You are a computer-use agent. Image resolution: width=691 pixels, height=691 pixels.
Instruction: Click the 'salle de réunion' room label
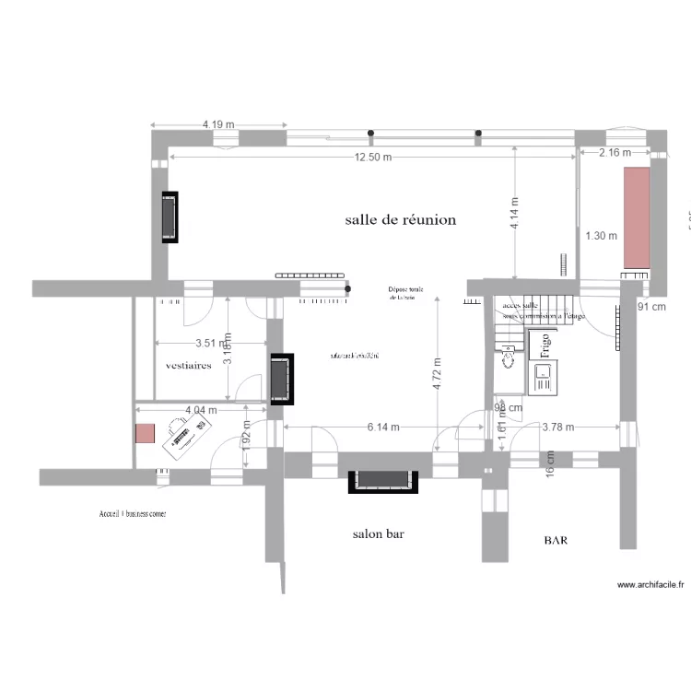click(x=401, y=220)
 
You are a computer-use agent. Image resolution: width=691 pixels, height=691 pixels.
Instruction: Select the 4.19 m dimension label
click(x=218, y=124)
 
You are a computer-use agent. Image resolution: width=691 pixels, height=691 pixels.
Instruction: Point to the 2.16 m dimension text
click(x=615, y=152)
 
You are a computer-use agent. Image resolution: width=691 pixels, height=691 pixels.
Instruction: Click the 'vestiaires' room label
click(x=188, y=365)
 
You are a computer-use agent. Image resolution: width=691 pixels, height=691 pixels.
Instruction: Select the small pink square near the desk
click(x=145, y=433)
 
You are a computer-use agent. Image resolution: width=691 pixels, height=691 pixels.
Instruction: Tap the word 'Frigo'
click(x=545, y=344)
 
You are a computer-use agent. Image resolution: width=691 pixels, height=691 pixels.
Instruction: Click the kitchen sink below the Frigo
click(x=544, y=376)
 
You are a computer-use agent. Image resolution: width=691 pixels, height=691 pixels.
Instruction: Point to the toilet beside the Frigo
click(x=507, y=352)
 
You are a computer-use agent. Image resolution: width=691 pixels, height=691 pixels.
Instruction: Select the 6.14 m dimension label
click(x=382, y=427)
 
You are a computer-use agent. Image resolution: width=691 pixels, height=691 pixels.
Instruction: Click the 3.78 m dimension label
click(x=557, y=427)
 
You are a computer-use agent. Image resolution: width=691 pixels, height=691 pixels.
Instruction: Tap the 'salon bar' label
click(x=379, y=533)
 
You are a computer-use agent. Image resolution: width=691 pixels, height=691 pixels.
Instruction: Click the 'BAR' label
click(x=556, y=542)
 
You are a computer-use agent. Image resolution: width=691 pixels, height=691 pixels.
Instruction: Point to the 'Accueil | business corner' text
click(x=133, y=513)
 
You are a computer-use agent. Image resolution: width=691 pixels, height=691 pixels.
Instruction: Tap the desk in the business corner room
click(x=187, y=435)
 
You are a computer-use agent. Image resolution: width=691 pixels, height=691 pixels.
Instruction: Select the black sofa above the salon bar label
click(x=383, y=480)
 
